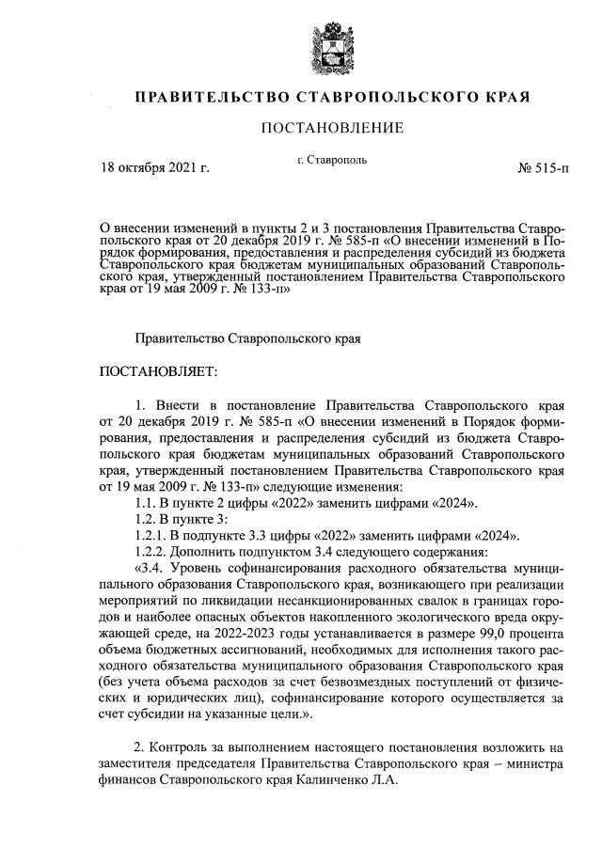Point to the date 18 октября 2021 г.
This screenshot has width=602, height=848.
tap(154, 169)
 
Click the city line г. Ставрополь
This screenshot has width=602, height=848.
tap(330, 160)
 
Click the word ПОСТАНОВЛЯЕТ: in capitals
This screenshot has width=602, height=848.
tap(158, 373)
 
